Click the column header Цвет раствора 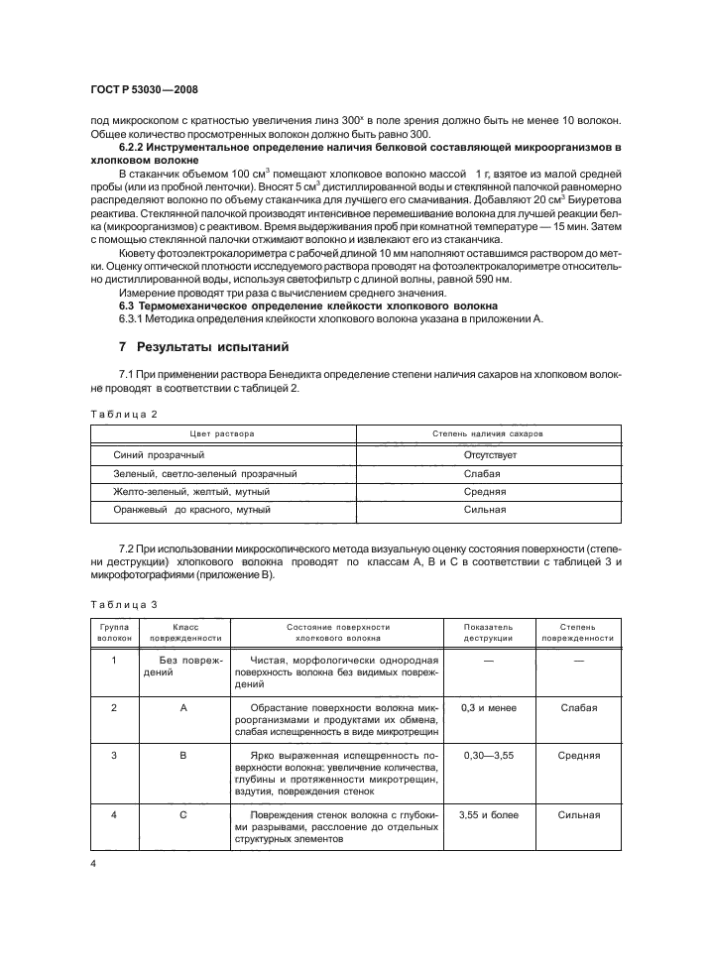click(x=222, y=434)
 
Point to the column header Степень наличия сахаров click(x=487, y=434)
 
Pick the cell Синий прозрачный click(x=160, y=454)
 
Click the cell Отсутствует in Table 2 click(x=487, y=454)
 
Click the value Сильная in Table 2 click(x=487, y=509)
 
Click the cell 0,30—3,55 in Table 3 click(x=487, y=756)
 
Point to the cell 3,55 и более click(x=487, y=815)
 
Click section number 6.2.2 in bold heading click(x=135, y=148)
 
